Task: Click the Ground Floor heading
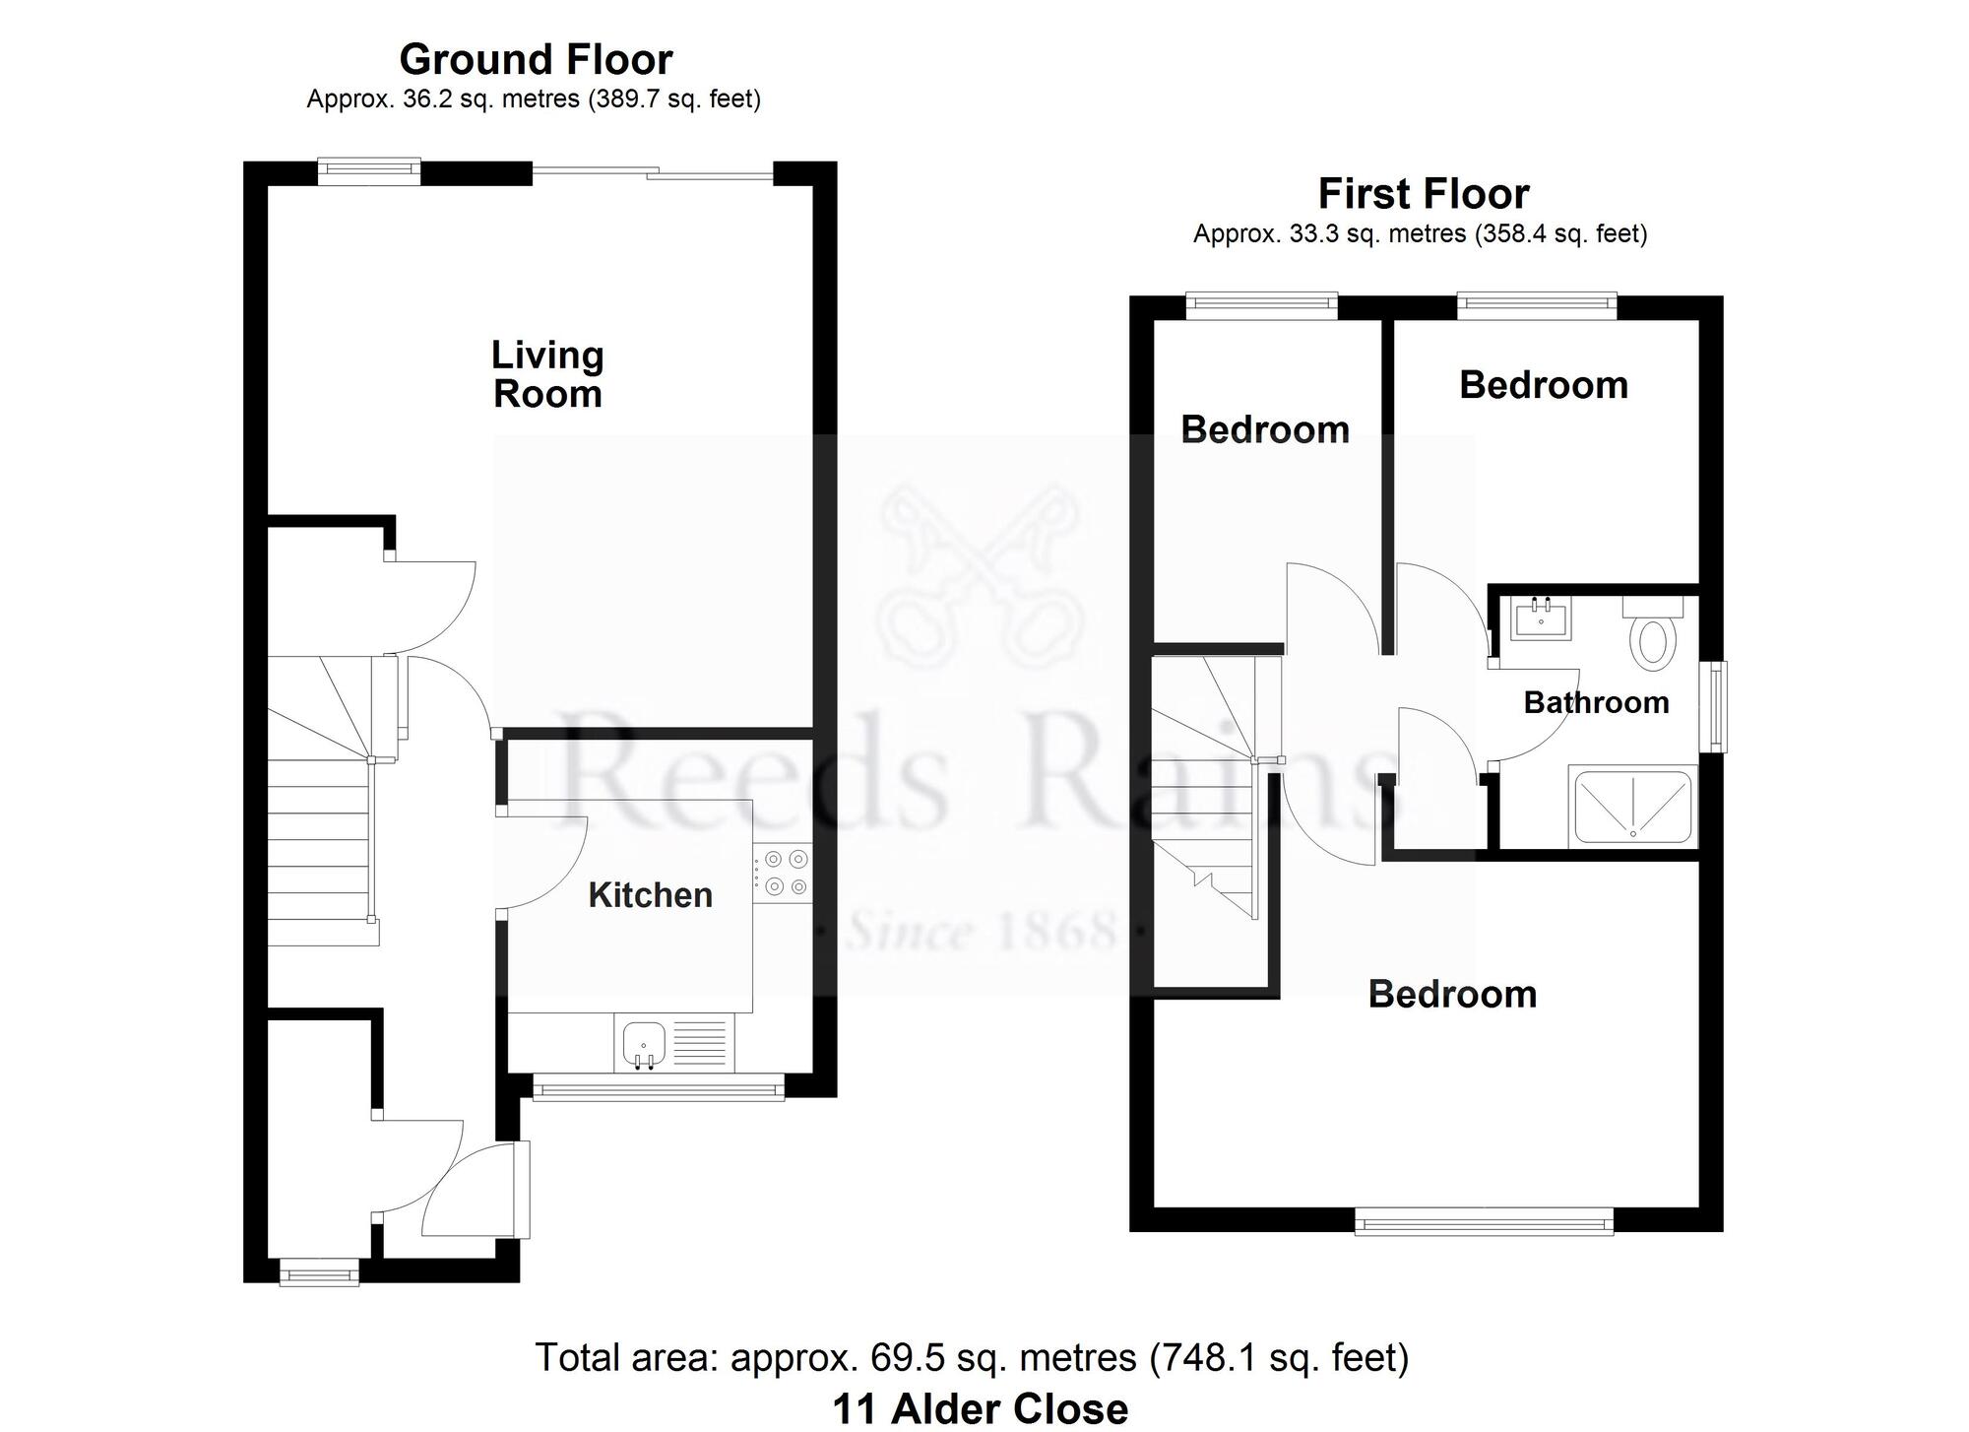(536, 60)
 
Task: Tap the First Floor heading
(1424, 194)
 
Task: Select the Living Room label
(547, 374)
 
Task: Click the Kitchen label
(651, 895)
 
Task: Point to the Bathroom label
(1596, 702)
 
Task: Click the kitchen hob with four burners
(784, 874)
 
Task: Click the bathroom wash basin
(1542, 618)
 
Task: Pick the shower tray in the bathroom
(1633, 806)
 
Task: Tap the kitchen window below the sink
(659, 1087)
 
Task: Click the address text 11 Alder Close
(981, 1409)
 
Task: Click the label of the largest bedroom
(1452, 995)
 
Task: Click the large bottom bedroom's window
(1485, 1221)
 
